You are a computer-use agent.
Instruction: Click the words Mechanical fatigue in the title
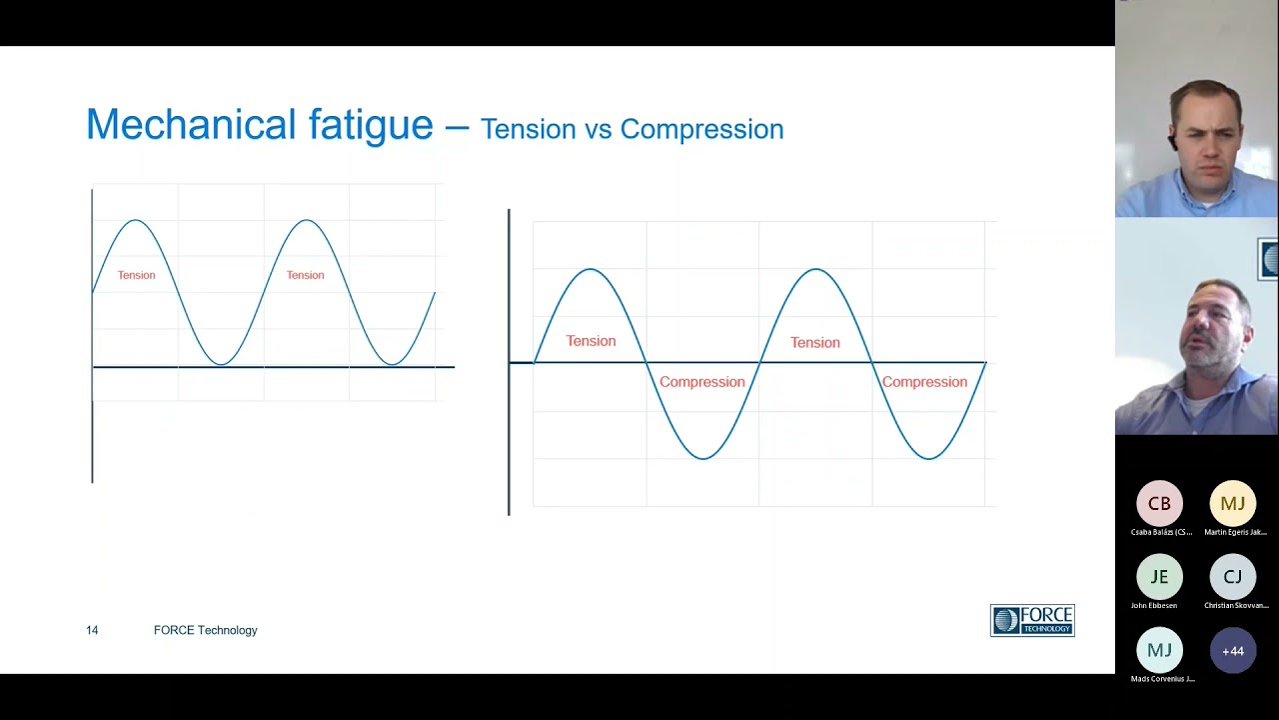pos(259,125)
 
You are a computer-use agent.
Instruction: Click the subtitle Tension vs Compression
pos(632,129)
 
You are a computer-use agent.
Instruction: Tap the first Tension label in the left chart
pos(137,275)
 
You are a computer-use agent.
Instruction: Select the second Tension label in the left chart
pos(305,275)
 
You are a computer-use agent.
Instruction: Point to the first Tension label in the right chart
pos(591,341)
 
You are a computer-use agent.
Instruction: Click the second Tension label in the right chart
pos(814,342)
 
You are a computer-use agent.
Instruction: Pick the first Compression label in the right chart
pos(701,382)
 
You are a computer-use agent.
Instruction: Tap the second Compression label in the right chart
pos(924,382)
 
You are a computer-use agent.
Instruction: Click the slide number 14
pos(92,630)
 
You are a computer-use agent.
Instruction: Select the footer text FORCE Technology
pos(205,630)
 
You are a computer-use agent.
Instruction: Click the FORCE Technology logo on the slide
pos(1032,620)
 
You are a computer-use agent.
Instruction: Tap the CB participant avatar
pos(1159,504)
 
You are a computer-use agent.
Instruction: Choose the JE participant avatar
pos(1159,577)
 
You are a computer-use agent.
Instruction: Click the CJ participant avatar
pos(1233,577)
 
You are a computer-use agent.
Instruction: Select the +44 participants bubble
pos(1233,651)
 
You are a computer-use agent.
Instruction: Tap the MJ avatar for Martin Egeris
pos(1233,504)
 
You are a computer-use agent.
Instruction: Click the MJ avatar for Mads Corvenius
pos(1159,651)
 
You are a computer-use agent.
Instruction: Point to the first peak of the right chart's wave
pos(591,269)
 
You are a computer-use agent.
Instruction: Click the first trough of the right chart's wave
pos(702,459)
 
